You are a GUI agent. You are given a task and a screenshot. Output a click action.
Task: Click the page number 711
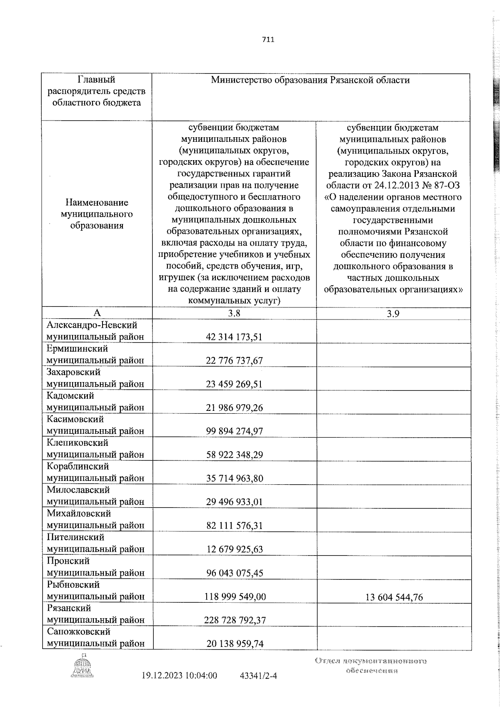pyautogui.click(x=268, y=40)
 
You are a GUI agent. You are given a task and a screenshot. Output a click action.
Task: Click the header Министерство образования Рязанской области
pyautogui.click(x=310, y=80)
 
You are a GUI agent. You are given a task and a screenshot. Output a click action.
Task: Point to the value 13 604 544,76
pyautogui.click(x=394, y=597)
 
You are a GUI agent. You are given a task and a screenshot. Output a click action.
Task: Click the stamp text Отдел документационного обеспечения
pyautogui.click(x=371, y=666)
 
